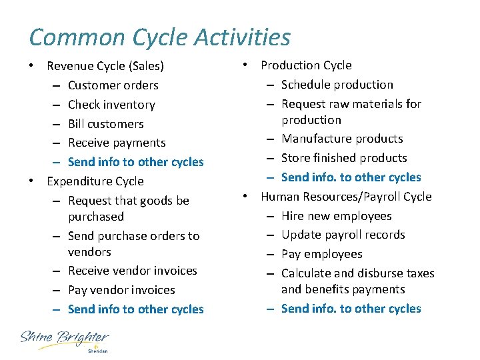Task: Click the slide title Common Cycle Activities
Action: [160, 37]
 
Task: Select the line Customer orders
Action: [113, 85]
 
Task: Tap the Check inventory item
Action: [111, 105]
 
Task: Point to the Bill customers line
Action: [106, 124]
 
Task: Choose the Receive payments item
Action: [117, 143]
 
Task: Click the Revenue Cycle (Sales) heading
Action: [105, 66]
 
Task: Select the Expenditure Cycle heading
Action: [95, 181]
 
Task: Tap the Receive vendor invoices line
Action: [133, 271]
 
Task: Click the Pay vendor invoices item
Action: [121, 290]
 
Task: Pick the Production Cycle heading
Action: [306, 65]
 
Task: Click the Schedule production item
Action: [337, 85]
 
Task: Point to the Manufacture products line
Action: [342, 139]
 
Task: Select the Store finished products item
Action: [344, 158]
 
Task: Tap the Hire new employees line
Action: [337, 216]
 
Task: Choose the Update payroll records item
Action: [343, 235]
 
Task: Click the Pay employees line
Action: [322, 254]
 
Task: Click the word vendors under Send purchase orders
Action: [89, 252]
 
